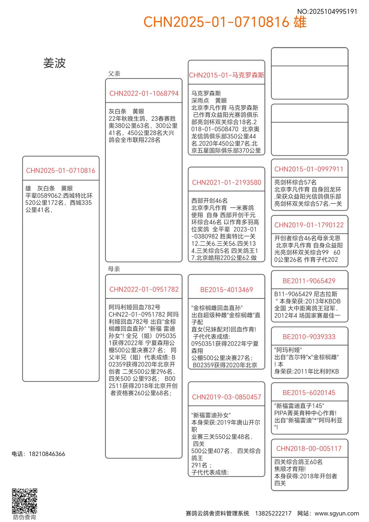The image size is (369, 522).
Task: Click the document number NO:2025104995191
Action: point(327,12)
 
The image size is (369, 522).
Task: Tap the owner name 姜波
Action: point(54,63)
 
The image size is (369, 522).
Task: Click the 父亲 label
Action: point(114,74)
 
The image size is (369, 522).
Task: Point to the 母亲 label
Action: point(114,269)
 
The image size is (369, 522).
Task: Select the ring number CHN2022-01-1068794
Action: point(144,93)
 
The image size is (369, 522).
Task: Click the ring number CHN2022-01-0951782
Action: point(144,289)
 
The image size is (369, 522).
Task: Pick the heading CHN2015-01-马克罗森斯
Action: point(227,75)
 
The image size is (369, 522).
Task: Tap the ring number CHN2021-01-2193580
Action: point(227,183)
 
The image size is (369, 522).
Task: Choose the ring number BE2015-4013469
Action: point(227,290)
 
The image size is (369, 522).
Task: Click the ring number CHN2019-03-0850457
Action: point(227,397)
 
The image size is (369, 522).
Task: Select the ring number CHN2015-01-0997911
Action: point(309,169)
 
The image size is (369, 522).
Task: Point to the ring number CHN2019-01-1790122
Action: point(309,225)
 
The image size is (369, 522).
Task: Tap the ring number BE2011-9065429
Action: point(309,281)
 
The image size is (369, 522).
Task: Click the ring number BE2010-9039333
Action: point(309,337)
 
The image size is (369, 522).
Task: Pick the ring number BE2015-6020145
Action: point(309,393)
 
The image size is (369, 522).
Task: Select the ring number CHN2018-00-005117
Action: point(309,449)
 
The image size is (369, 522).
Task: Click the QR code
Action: point(25,501)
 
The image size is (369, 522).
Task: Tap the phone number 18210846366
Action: point(47,454)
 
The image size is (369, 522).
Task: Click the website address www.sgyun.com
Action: point(337,513)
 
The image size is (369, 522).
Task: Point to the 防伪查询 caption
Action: point(25,517)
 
